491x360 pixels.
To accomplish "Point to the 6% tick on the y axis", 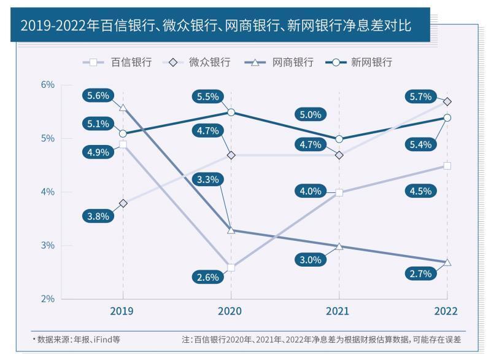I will click(x=48, y=85).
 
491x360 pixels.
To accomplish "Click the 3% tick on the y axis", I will click(x=48, y=246).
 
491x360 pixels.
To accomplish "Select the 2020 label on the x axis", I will click(x=230, y=311).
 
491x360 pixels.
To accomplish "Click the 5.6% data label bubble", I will click(x=98, y=96).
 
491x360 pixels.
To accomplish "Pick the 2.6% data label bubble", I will click(x=208, y=277).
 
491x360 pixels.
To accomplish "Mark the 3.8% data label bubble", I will click(x=98, y=216).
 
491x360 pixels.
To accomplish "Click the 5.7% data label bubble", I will click(x=422, y=96).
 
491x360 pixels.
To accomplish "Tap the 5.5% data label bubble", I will click(x=208, y=96).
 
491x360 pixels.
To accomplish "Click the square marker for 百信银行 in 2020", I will click(x=231, y=268).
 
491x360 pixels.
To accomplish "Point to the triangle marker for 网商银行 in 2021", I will click(x=339, y=246).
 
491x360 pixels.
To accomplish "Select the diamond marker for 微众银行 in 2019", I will click(x=123, y=203).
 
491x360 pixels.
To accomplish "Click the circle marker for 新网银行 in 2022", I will click(x=447, y=117).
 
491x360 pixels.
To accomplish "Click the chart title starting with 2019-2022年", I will click(x=215, y=26).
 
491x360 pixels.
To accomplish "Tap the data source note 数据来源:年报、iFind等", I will click(x=76, y=339).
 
